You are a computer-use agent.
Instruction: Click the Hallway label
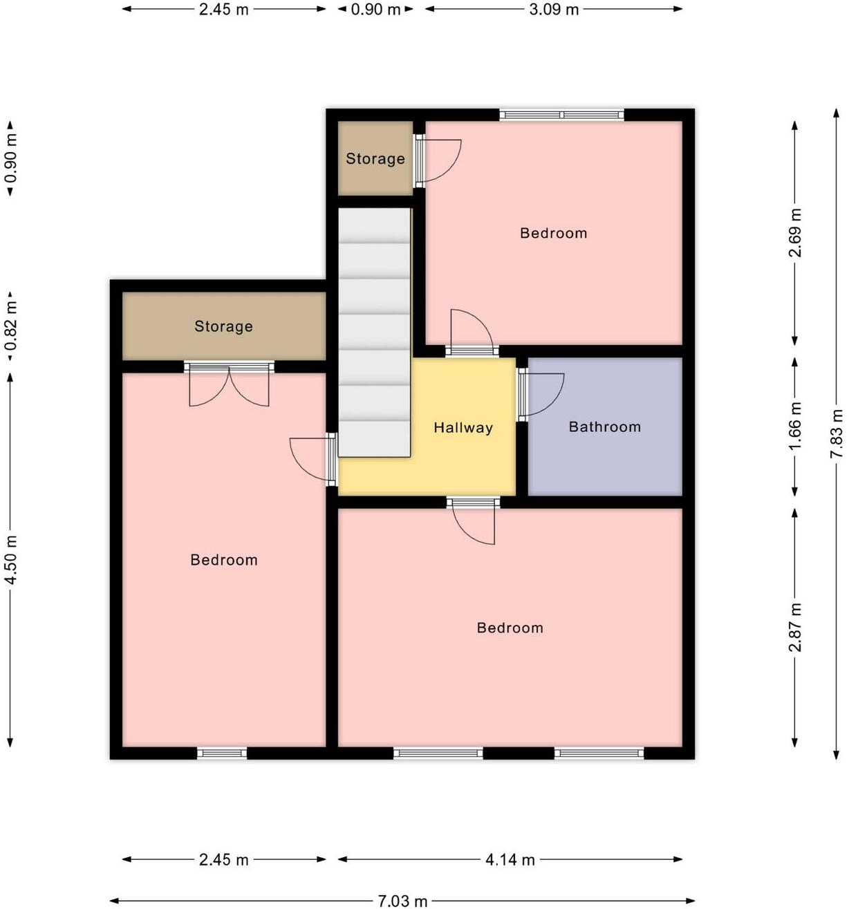[x=463, y=428]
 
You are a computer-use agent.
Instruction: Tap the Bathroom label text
[x=604, y=427]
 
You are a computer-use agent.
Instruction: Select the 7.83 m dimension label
[x=837, y=433]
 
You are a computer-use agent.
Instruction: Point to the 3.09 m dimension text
[x=554, y=10]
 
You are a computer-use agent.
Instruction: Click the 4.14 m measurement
[x=510, y=859]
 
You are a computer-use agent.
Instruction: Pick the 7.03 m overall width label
[x=402, y=901]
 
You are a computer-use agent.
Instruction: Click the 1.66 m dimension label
[x=795, y=426]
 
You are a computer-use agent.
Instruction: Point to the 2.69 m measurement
[x=795, y=233]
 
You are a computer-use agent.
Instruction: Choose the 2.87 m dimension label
[x=795, y=627]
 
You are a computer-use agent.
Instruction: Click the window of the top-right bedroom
[x=561, y=115]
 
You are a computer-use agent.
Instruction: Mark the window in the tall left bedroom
[x=222, y=753]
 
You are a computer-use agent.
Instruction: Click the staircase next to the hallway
[x=374, y=332]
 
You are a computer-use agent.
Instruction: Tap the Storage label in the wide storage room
[x=223, y=326]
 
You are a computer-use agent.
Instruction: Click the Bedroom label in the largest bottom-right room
[x=510, y=628]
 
